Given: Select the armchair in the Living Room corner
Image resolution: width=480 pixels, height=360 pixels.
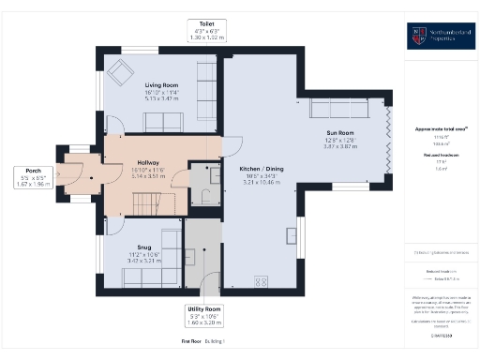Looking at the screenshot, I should tap(119, 71).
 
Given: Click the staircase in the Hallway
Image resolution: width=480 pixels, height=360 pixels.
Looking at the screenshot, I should tap(146, 202).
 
